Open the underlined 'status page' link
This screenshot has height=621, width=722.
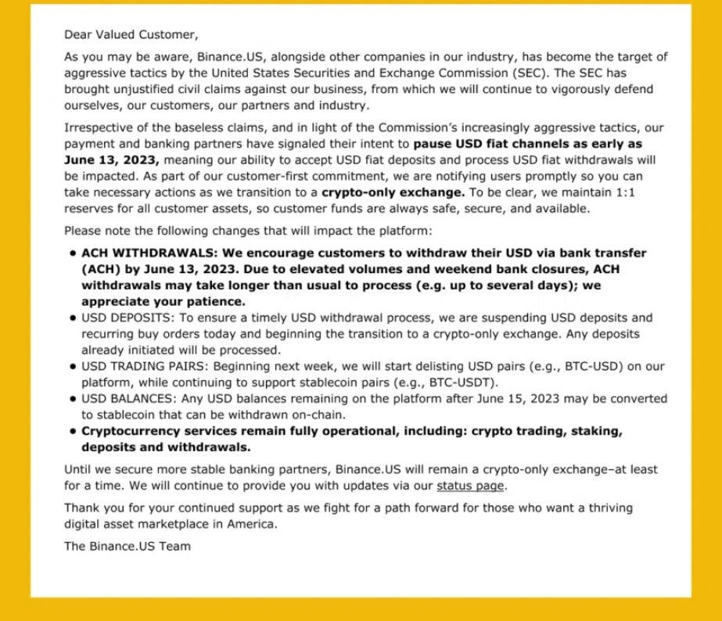point(471,486)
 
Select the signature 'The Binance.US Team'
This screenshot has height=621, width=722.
point(127,546)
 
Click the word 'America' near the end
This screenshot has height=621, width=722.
point(250,524)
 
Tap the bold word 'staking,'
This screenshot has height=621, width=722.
point(595,431)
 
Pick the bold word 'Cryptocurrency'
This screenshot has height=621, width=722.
point(127,431)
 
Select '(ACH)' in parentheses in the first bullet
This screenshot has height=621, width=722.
point(99,270)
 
